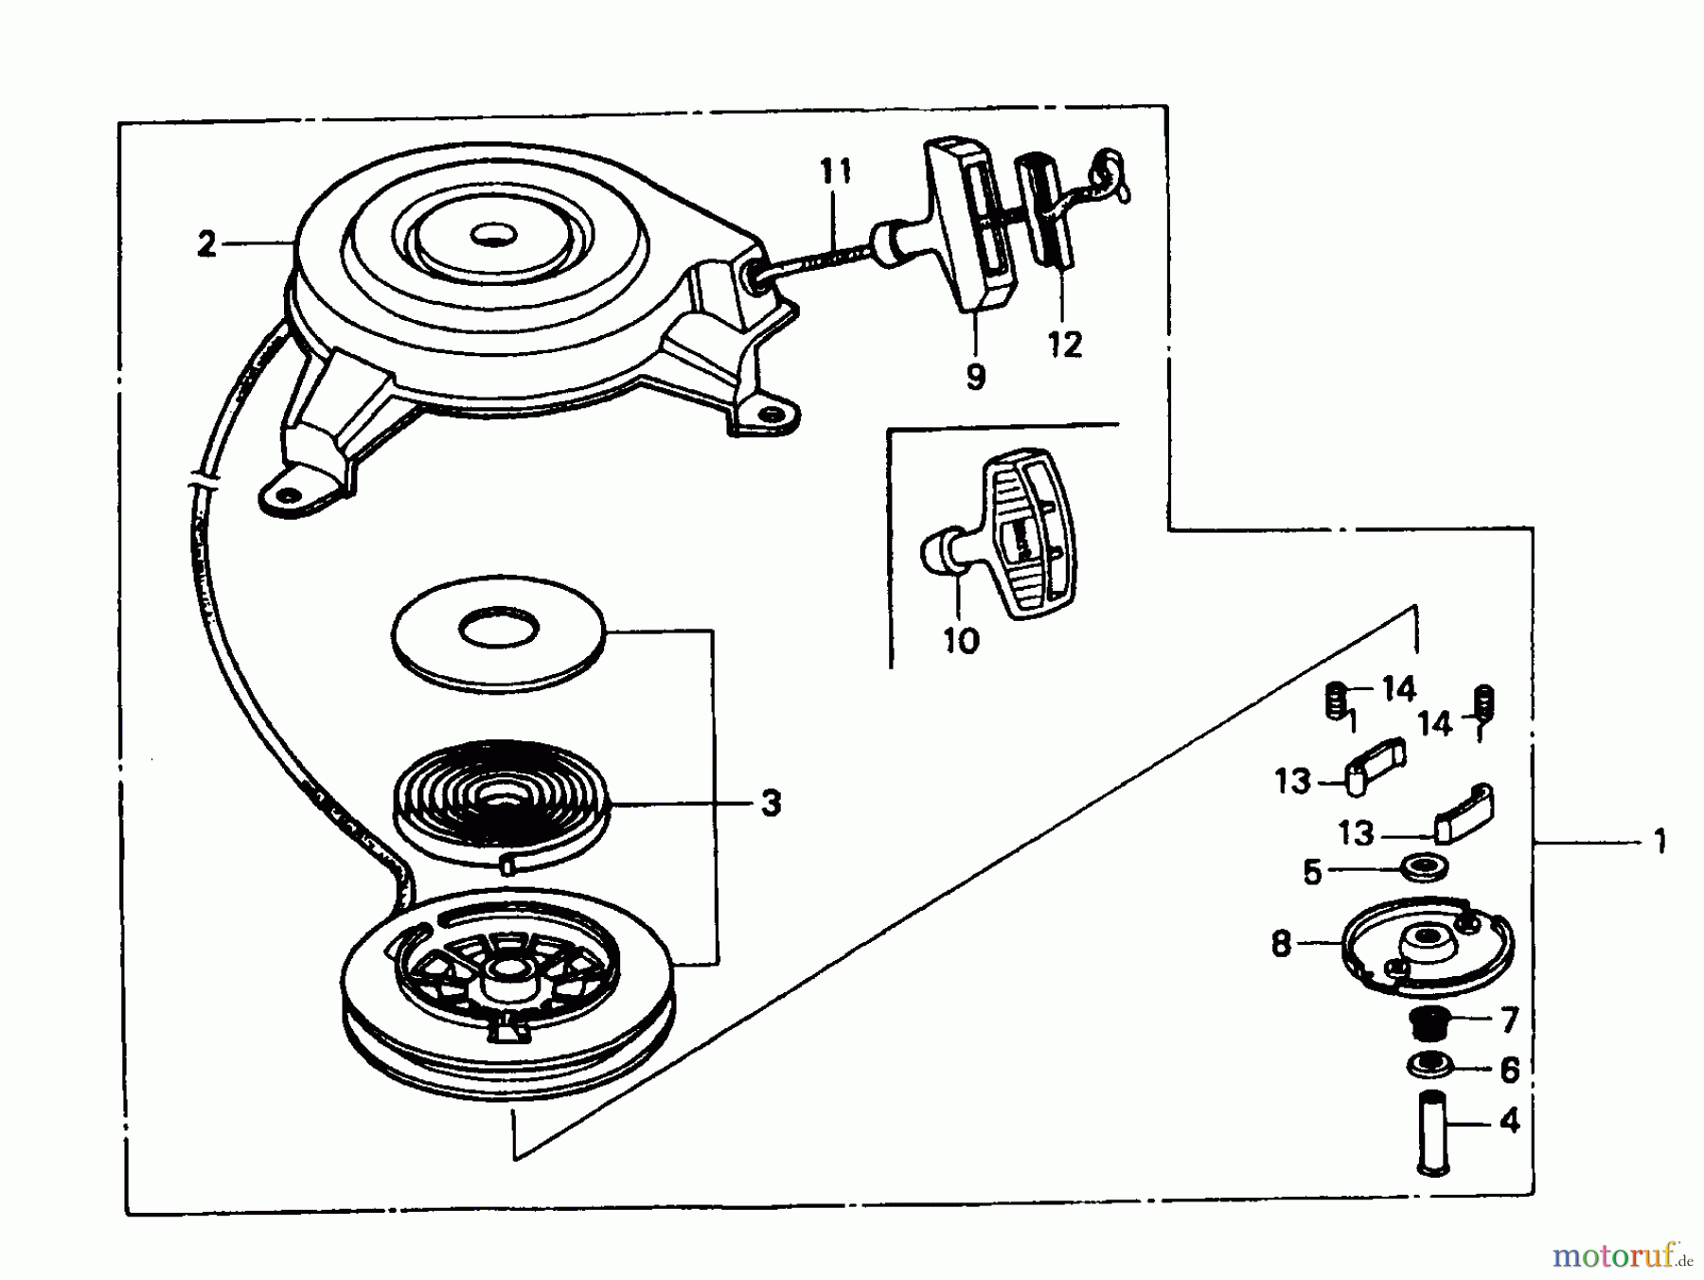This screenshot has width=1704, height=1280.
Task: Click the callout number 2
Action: [x=206, y=244]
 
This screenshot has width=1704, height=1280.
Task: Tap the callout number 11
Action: [x=835, y=172]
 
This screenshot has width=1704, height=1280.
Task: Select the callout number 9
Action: [x=976, y=377]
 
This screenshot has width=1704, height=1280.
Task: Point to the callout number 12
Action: [x=1065, y=345]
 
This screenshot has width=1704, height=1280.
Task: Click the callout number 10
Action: [x=961, y=641]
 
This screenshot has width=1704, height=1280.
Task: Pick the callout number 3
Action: [x=772, y=804]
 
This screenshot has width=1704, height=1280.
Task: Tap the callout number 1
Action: [x=1659, y=841]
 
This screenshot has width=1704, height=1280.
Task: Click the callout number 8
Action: [x=1282, y=944]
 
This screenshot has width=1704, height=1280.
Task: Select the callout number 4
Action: [x=1510, y=1121]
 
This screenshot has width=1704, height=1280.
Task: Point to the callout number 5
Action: [x=1311, y=872]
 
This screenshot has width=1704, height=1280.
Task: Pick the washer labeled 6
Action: [x=1429, y=1065]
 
